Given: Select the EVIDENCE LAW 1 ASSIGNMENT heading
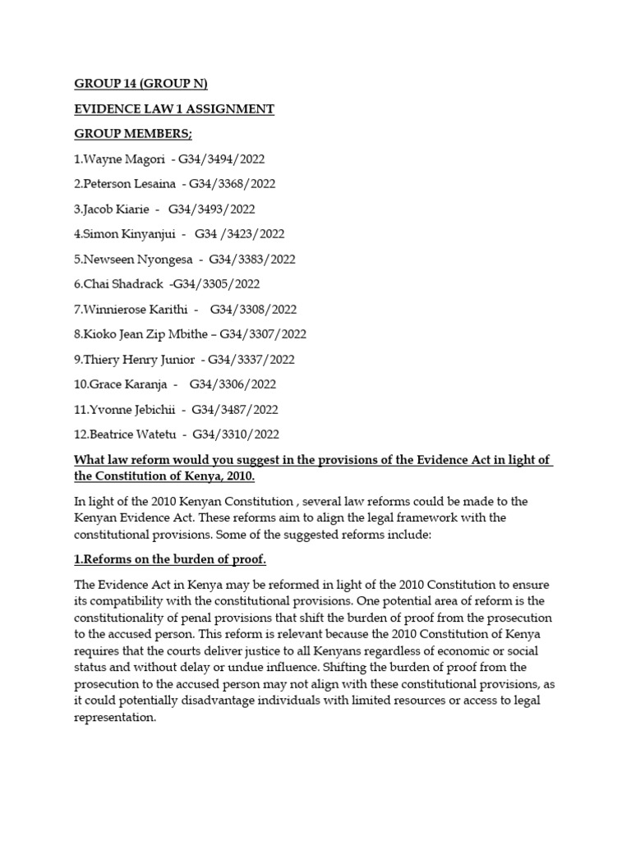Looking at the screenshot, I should (174, 109).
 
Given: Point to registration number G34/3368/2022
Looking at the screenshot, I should (233, 184).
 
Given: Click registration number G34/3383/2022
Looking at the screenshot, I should (252, 260).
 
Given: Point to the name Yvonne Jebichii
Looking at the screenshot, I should (131, 410).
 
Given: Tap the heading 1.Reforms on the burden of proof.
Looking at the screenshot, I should (170, 560).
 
